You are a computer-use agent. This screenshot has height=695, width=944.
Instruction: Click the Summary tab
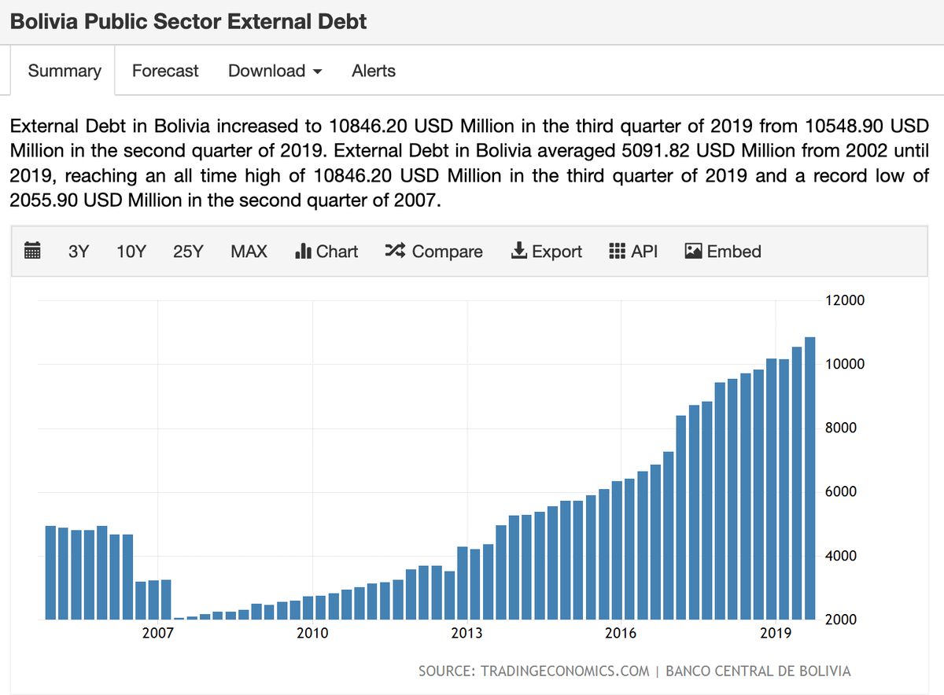click(x=65, y=71)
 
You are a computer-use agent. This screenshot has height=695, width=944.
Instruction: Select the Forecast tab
click(x=165, y=71)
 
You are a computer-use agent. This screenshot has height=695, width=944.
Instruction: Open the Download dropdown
click(x=275, y=71)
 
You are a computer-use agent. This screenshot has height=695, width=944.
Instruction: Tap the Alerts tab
click(x=374, y=71)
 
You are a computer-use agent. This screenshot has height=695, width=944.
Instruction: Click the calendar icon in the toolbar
click(x=32, y=252)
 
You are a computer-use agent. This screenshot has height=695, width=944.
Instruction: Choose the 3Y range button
click(x=79, y=252)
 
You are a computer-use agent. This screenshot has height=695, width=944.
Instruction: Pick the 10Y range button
click(x=131, y=252)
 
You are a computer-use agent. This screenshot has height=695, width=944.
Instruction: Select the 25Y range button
click(x=188, y=252)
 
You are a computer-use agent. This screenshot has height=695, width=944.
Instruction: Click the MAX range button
click(x=249, y=252)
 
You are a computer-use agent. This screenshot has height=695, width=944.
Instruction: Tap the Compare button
click(x=433, y=252)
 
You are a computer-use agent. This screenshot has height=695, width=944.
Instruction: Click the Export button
click(x=547, y=252)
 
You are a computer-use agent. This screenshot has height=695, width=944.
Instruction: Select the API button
click(x=633, y=252)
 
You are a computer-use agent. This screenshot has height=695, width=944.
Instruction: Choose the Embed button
click(x=723, y=252)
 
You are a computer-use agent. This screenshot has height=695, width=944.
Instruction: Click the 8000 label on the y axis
click(x=845, y=428)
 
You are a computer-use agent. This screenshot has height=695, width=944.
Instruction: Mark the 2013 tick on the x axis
click(x=466, y=633)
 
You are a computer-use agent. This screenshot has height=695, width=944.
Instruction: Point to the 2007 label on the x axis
click(x=158, y=633)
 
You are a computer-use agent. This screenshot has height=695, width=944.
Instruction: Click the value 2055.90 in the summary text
click(x=44, y=200)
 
